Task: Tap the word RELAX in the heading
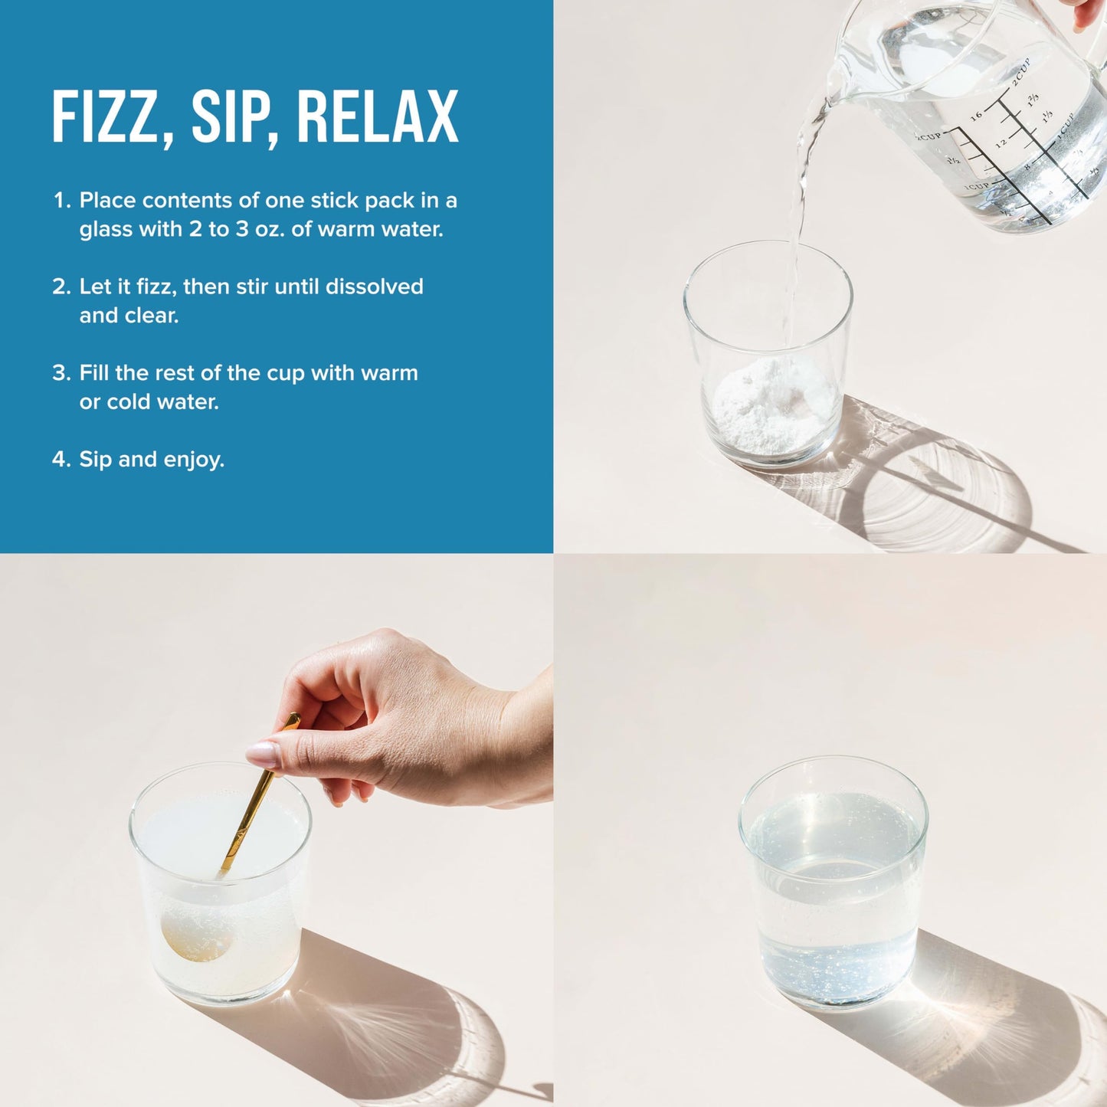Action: (378, 116)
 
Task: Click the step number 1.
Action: (61, 200)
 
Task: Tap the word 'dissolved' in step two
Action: (375, 286)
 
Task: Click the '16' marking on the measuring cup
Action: (976, 116)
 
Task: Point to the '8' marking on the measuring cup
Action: (1028, 166)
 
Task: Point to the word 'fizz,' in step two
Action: (156, 287)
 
